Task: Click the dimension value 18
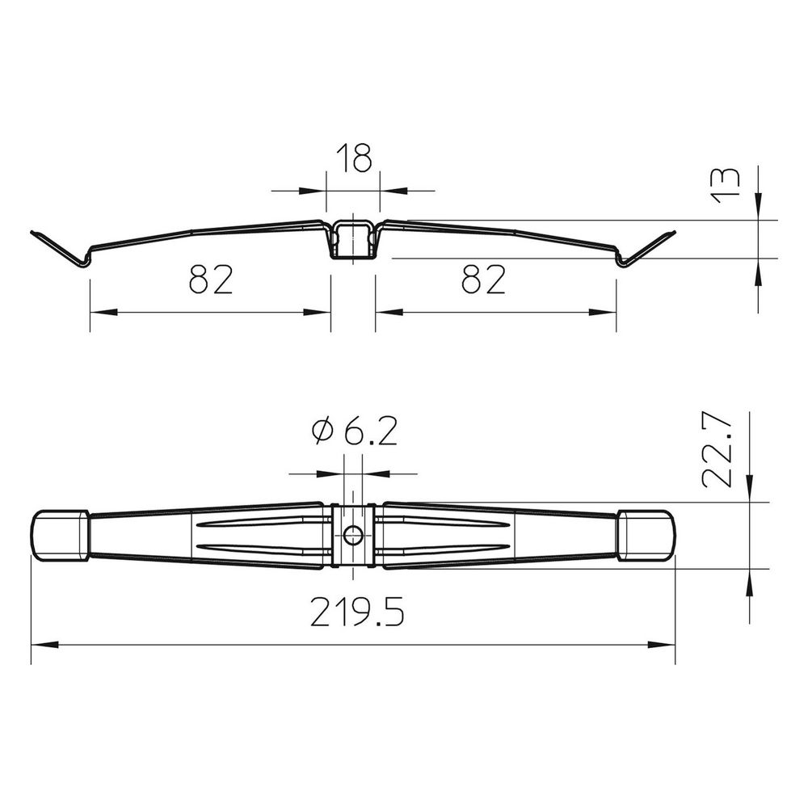[x=354, y=158]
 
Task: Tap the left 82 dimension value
[x=211, y=280]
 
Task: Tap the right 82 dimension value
[x=483, y=280]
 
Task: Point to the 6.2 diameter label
[x=355, y=431]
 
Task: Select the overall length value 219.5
[x=357, y=612]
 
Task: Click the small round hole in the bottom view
[x=352, y=536]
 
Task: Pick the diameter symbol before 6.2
[x=322, y=431]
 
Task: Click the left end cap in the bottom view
[x=60, y=536]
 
